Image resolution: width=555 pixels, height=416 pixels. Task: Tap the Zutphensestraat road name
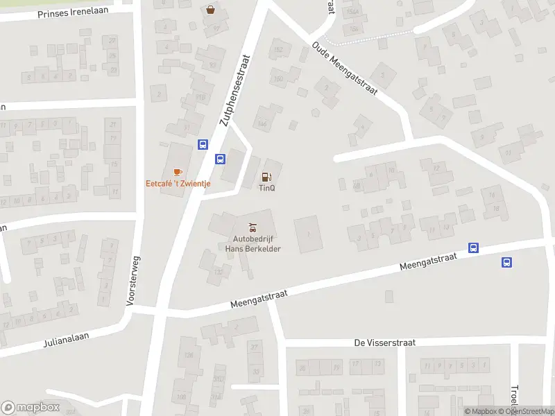pyautogui.click(x=234, y=91)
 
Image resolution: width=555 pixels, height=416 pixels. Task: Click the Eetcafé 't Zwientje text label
pyautogui.click(x=178, y=184)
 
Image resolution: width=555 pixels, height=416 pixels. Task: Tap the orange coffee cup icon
pyautogui.click(x=178, y=172)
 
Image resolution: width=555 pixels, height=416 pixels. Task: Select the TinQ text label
pyautogui.click(x=266, y=187)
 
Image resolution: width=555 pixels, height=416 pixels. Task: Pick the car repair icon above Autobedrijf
pyautogui.click(x=252, y=227)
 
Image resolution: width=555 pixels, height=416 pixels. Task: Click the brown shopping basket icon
pyautogui.click(x=210, y=10)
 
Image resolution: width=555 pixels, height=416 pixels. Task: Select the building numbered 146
pyautogui.click(x=263, y=123)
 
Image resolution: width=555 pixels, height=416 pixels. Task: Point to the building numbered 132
pyautogui.click(x=219, y=272)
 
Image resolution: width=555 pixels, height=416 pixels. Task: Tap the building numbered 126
pyautogui.click(x=188, y=356)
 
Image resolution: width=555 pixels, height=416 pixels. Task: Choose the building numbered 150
pyautogui.click(x=278, y=78)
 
